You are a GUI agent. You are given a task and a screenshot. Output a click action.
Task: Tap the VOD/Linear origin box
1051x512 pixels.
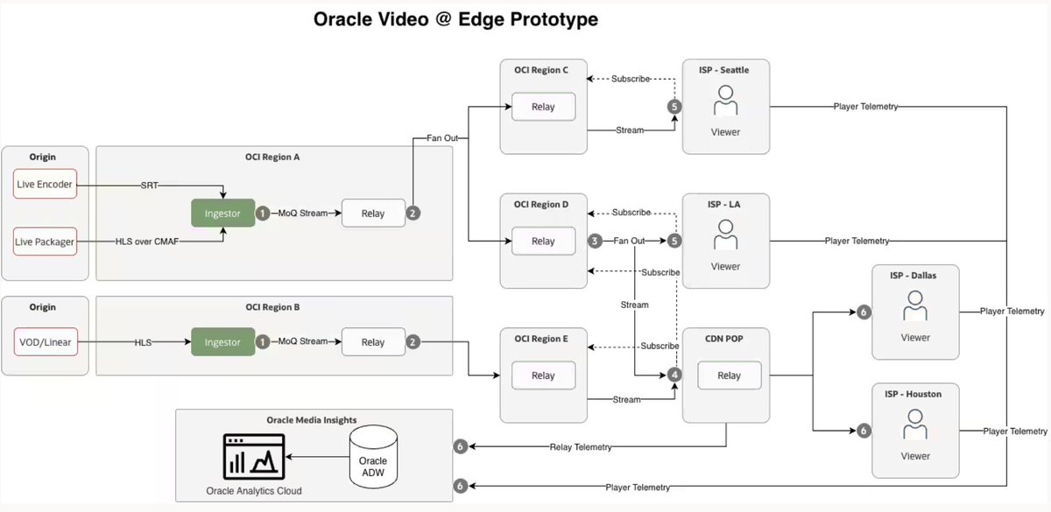[x=46, y=342]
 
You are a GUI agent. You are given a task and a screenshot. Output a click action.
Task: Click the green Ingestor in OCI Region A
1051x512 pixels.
[x=223, y=213]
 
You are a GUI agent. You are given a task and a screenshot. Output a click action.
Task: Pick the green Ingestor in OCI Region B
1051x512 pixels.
[x=223, y=342]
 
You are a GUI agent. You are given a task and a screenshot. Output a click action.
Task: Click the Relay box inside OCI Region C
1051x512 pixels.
[x=543, y=107]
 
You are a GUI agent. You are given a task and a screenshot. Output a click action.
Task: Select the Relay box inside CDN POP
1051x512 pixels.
[x=729, y=375]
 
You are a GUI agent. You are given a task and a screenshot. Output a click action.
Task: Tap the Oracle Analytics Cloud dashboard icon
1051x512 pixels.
[x=254, y=454]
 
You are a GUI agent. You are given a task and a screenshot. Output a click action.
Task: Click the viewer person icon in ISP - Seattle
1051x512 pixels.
[x=725, y=105]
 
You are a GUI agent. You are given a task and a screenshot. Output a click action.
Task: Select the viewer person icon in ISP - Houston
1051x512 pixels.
[x=915, y=429]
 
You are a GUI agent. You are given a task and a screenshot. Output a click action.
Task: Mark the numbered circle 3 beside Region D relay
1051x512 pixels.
[x=594, y=241]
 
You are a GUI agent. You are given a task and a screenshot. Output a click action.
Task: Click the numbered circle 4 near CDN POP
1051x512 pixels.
[x=674, y=375]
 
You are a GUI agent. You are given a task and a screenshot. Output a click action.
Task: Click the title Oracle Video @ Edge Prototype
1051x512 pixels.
[x=455, y=19]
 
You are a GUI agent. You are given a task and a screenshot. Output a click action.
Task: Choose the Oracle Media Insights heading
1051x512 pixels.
[x=314, y=419]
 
